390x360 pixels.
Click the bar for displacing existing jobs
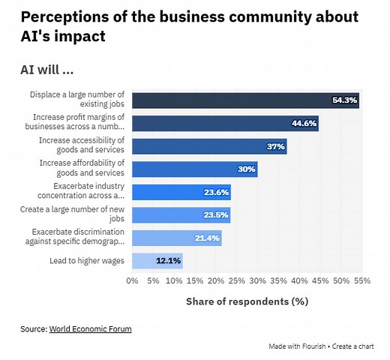pyautogui.click(x=245, y=100)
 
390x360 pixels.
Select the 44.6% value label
pyautogui.click(x=304, y=124)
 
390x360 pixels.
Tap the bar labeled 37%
pyautogui.click(x=209, y=146)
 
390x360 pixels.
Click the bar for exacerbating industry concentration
pyautogui.click(x=181, y=192)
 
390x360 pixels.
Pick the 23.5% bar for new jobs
pyautogui.click(x=181, y=215)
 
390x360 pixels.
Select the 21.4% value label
pyautogui.click(x=207, y=238)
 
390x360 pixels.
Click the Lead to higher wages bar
pyautogui.click(x=157, y=261)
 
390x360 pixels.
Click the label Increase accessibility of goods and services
pyautogui.click(x=82, y=146)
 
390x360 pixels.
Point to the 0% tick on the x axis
pyautogui.click(x=133, y=281)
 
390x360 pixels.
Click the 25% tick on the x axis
pyautogui.click(x=236, y=281)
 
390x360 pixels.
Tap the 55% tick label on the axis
pyautogui.click(x=361, y=281)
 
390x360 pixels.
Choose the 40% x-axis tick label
pyautogui.click(x=298, y=281)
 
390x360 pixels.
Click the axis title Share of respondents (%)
pyautogui.click(x=247, y=301)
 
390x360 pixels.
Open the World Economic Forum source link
pyautogui.click(x=90, y=328)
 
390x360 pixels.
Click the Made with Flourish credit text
pyautogui.click(x=300, y=346)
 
